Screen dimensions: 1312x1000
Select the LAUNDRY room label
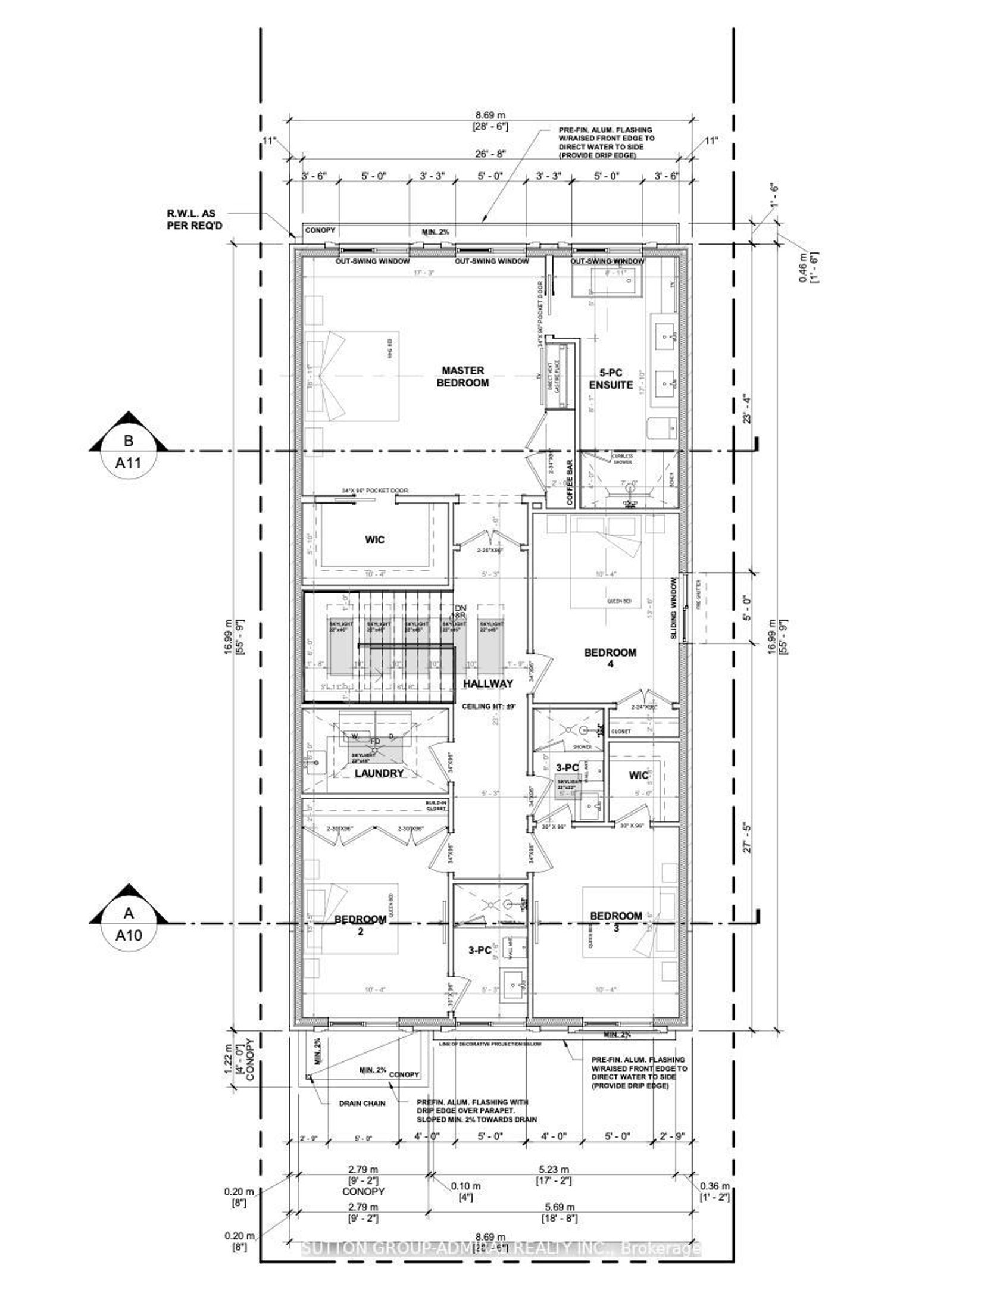tap(379, 773)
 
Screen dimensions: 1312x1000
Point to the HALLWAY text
tap(488, 684)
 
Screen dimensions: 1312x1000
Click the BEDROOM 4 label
tap(610, 658)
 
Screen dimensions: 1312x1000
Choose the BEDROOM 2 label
tap(360, 925)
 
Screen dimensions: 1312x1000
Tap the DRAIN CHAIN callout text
tap(362, 1103)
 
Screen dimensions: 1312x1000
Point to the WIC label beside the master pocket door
tap(375, 540)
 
